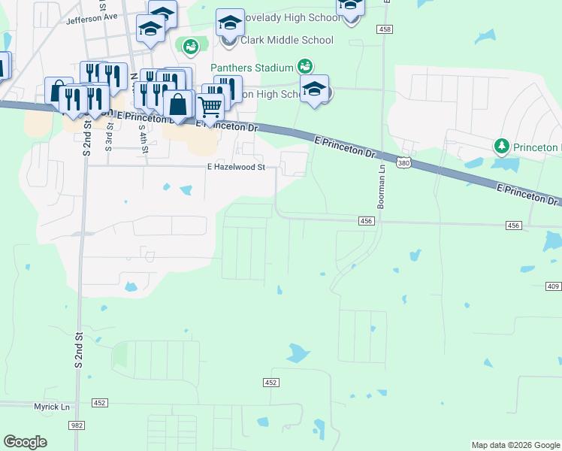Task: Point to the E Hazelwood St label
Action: point(237,168)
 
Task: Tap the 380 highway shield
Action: point(403,162)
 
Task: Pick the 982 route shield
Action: point(77,425)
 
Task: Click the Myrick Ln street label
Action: point(51,406)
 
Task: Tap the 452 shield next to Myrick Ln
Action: point(99,403)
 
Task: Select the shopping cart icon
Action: point(210,105)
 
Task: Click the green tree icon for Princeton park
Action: point(501,145)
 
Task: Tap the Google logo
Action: point(26,442)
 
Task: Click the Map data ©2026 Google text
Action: point(515,445)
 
